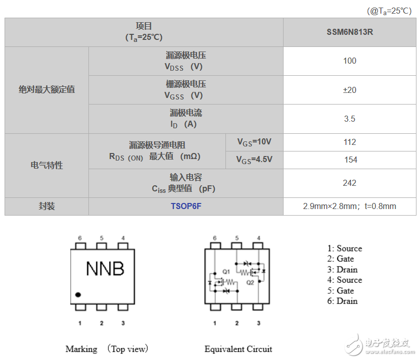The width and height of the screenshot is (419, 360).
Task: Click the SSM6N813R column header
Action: coord(350,32)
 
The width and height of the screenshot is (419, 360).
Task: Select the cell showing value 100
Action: coord(350,61)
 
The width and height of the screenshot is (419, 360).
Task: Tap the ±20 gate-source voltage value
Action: coord(350,90)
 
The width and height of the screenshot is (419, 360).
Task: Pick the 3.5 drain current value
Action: coord(350,119)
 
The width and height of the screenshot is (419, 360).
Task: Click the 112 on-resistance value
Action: coord(350,142)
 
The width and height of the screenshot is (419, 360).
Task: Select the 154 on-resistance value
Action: coord(351,160)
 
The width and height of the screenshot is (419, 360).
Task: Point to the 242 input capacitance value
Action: coord(350,183)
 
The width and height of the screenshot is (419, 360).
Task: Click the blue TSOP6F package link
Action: coord(186,207)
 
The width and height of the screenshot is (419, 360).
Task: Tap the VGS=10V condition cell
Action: coord(254,142)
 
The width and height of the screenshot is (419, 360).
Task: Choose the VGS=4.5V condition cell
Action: coord(254,160)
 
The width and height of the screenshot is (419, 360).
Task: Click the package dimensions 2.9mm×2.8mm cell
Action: coord(350,207)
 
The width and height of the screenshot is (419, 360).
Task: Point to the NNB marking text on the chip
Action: coord(105,269)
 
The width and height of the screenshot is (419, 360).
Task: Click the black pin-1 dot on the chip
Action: coord(78,295)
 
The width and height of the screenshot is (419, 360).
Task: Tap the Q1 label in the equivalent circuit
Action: coord(226,272)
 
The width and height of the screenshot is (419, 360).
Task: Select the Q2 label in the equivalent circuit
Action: coord(250,283)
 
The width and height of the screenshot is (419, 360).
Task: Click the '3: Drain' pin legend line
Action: coord(342,270)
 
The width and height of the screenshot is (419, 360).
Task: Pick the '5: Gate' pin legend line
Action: coord(341,291)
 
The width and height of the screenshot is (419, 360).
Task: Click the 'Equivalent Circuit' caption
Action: coord(239,349)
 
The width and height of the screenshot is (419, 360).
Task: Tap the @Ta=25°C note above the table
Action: coord(389,11)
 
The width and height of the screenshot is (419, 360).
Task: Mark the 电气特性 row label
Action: coord(47,165)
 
